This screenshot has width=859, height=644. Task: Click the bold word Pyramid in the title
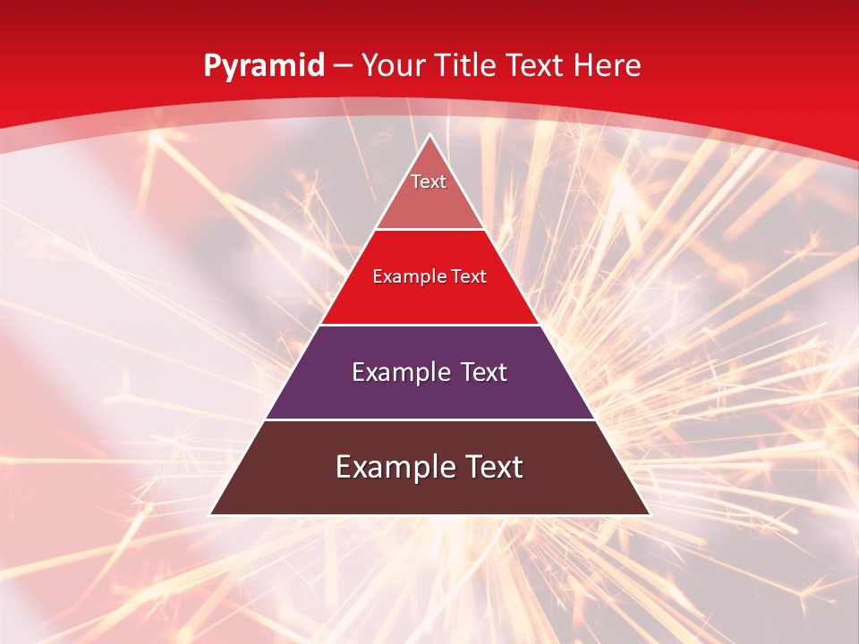click(x=263, y=66)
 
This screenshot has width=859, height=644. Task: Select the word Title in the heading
click(x=469, y=65)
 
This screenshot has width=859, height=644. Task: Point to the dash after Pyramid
click(x=344, y=66)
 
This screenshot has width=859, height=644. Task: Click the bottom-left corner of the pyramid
click(x=211, y=514)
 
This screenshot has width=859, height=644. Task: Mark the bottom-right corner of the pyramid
click(x=649, y=514)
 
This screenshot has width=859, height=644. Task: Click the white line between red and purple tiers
click(x=429, y=325)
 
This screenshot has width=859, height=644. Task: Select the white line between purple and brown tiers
click(x=429, y=419)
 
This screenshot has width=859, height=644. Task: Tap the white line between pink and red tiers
click(x=429, y=230)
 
